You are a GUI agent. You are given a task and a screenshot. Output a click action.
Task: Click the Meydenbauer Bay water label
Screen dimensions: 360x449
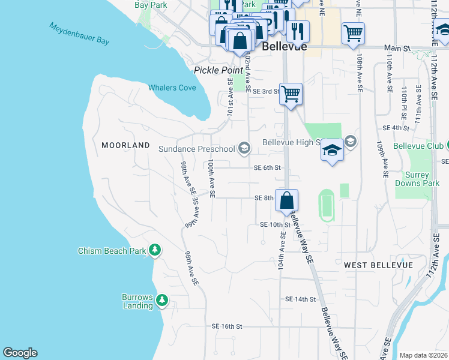(x=79, y=35)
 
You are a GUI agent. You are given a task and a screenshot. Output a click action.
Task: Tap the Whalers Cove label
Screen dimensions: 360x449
(x=172, y=88)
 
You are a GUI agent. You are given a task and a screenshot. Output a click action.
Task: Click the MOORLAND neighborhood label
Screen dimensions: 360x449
(x=125, y=145)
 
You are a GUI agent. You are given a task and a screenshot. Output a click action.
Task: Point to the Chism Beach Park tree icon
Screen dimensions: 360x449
(x=155, y=249)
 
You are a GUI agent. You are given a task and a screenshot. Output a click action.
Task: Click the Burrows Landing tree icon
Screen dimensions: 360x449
(x=161, y=299)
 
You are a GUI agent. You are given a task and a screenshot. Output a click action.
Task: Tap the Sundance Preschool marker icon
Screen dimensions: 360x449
(x=244, y=148)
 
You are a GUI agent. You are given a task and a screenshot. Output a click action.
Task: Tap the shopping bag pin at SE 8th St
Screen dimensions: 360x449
(x=287, y=200)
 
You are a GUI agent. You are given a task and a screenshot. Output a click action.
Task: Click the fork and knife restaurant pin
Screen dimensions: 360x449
(x=298, y=30)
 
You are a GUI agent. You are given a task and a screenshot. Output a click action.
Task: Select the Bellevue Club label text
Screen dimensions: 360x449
(x=418, y=146)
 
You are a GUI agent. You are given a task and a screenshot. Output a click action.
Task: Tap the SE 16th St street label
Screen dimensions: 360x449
(x=226, y=326)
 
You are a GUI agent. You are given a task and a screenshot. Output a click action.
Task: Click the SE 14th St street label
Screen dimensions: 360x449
(x=300, y=299)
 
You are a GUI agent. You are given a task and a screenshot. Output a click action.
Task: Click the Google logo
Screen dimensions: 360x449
(x=20, y=352)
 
